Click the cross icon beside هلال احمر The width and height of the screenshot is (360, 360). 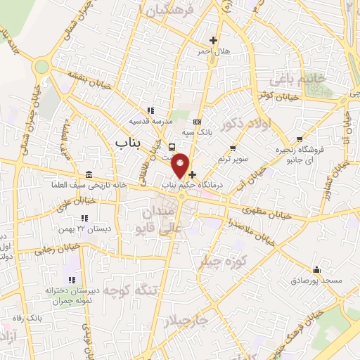(213, 40)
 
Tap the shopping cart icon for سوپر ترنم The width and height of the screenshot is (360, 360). (233, 148)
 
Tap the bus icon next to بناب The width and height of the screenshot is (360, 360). (172, 146)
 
